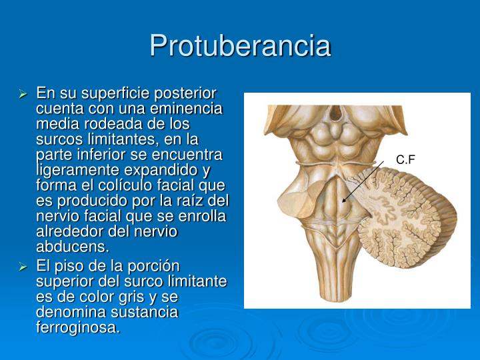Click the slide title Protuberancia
240,45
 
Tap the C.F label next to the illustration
405,160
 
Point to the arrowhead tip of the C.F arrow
342,202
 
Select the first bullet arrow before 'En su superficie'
23,94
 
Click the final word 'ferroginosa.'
78,327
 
